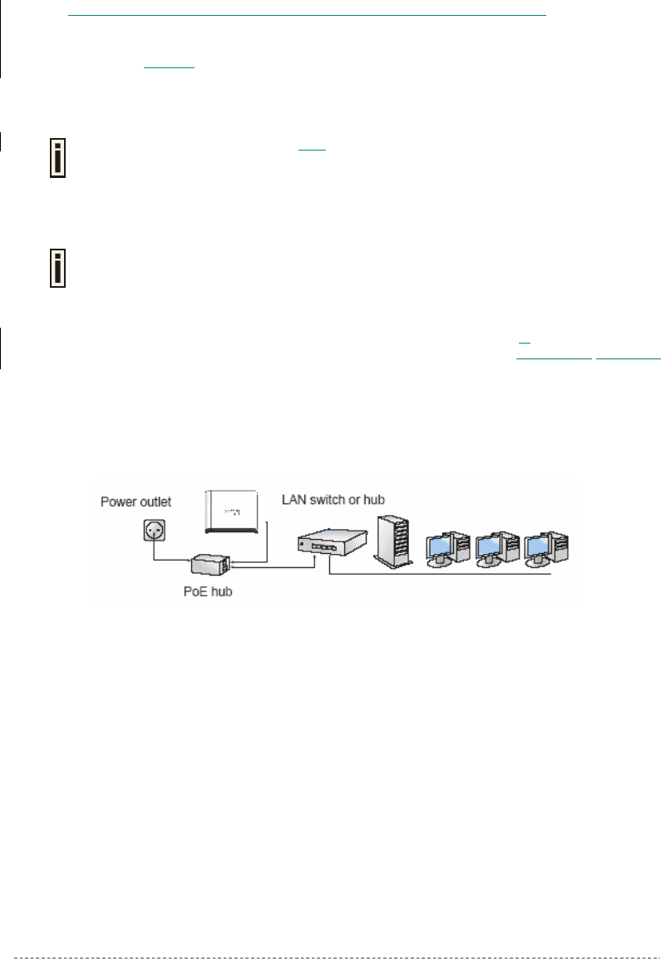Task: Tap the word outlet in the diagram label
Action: [155, 502]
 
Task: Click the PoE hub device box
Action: [210, 565]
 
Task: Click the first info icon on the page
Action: [56, 156]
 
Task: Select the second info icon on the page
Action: [56, 266]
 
